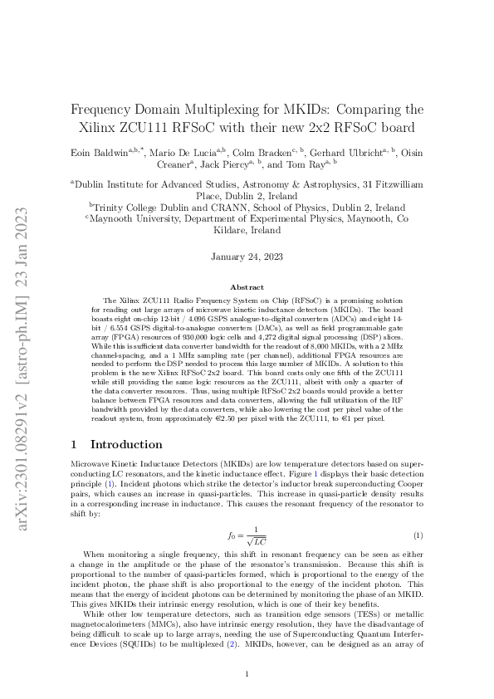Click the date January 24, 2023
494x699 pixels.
click(x=247, y=258)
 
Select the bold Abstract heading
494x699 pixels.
click(x=247, y=286)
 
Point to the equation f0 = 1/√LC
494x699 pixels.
click(x=246, y=536)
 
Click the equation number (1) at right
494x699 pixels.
click(x=418, y=536)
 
